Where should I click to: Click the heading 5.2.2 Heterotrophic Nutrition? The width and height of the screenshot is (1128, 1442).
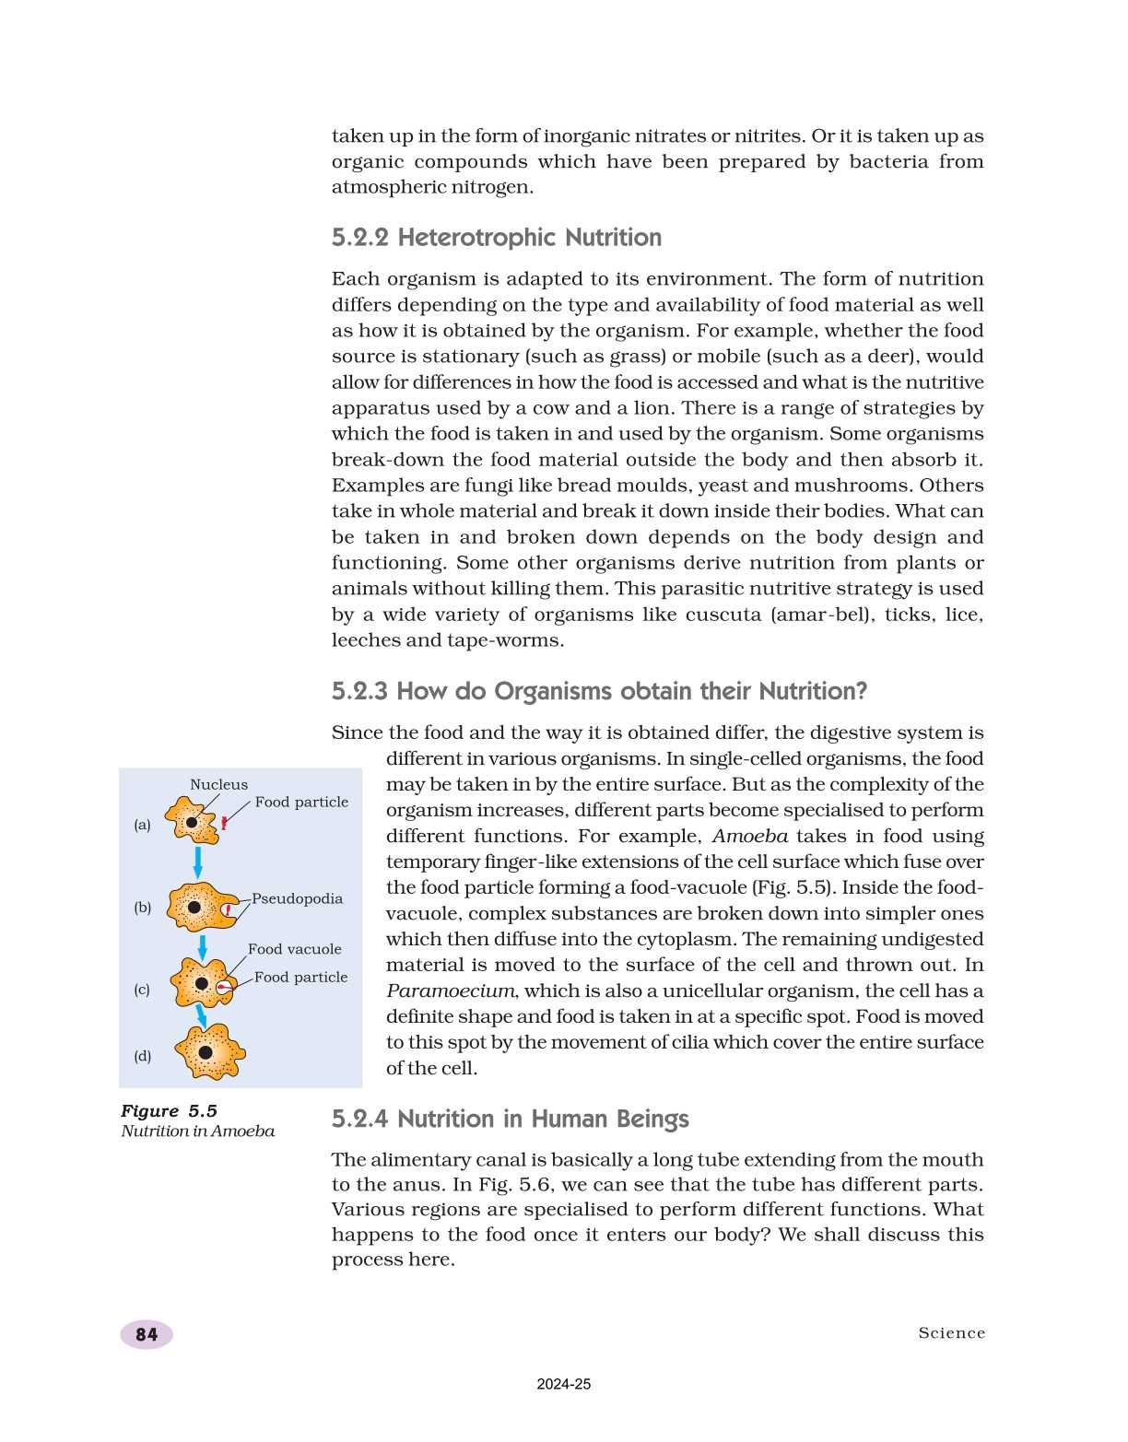[496, 238]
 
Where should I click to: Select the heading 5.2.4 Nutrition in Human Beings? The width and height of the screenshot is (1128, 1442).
[510, 1119]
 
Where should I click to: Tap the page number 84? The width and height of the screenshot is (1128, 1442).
[146, 1334]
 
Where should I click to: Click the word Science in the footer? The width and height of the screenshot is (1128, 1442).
[951, 1333]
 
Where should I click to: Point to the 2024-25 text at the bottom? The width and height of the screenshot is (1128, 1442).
[563, 1384]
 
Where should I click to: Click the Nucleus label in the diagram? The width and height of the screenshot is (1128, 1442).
[218, 784]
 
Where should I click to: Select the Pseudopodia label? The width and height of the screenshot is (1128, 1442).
[297, 898]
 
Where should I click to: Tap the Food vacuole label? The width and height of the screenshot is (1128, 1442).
[294, 949]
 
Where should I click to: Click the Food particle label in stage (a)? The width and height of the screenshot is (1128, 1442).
[301, 803]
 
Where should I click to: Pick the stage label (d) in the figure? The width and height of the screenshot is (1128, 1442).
[142, 1056]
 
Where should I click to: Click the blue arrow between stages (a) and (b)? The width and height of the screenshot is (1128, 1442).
[197, 862]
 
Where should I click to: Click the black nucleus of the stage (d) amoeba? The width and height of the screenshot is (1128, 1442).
[206, 1052]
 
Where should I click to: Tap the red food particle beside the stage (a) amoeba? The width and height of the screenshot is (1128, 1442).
[224, 823]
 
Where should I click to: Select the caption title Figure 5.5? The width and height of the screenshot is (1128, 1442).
[169, 1111]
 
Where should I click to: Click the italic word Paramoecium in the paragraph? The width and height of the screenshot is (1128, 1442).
[450, 991]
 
